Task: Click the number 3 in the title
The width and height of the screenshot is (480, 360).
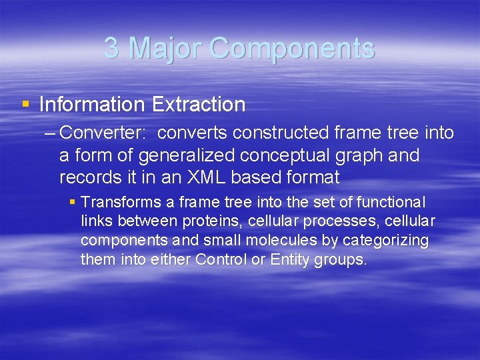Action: [112, 49]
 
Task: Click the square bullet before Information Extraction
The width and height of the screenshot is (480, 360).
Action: [25, 104]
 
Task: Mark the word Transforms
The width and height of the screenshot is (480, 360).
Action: [118, 202]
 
